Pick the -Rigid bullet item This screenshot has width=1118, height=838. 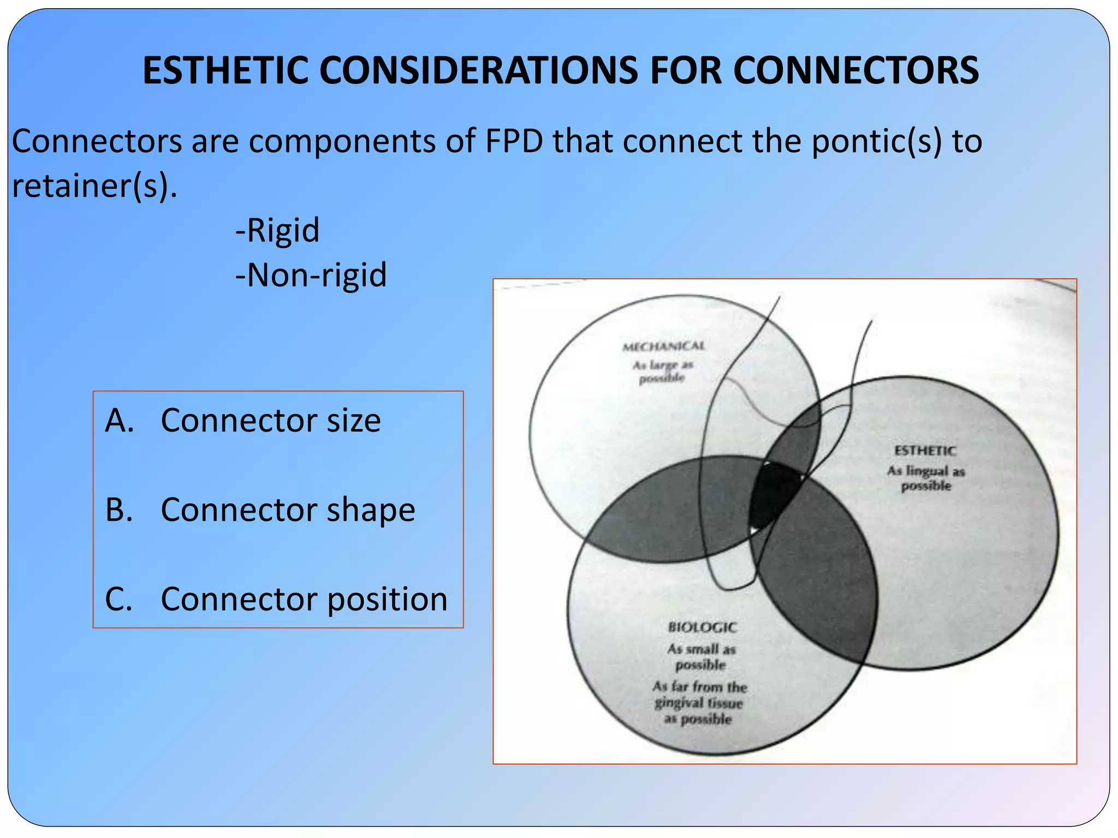coord(277,230)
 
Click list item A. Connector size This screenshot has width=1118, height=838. coord(243,420)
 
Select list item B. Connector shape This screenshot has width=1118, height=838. coord(260,510)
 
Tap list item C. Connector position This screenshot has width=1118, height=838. coord(276,599)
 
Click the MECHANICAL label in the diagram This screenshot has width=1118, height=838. coord(663,346)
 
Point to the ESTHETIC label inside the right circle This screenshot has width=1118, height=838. coord(925,451)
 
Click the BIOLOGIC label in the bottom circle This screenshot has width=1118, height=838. coord(703,627)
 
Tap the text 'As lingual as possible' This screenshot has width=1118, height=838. coord(926,478)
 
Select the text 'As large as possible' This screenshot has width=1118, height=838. coord(663,371)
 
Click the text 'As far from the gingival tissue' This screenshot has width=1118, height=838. coord(699,695)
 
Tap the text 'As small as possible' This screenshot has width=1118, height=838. coord(701,656)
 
